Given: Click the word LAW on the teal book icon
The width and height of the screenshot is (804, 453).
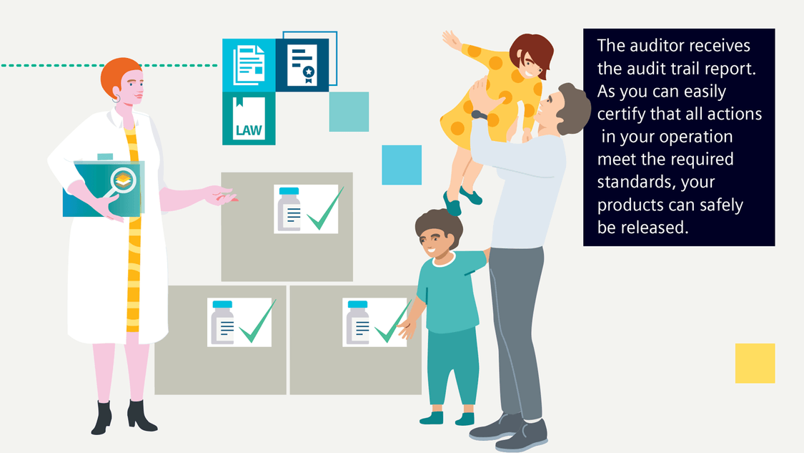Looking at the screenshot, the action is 249,130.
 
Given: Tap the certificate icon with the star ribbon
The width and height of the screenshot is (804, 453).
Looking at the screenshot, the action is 302,65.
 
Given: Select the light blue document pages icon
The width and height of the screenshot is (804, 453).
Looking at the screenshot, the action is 249,65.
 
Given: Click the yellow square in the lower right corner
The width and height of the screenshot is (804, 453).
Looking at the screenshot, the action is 755,363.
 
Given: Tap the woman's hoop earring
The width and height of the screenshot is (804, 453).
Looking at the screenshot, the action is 116,98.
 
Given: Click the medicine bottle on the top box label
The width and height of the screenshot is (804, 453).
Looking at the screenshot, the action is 289,209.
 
